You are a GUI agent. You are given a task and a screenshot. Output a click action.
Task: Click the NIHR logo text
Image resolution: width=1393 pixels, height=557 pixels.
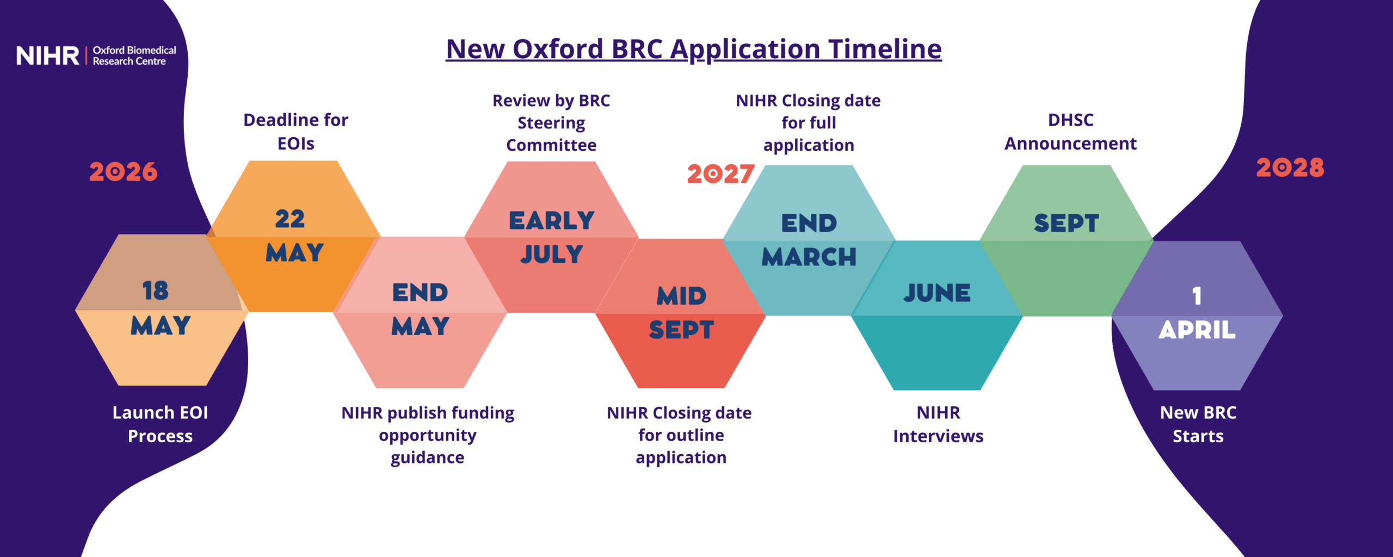click(48, 55)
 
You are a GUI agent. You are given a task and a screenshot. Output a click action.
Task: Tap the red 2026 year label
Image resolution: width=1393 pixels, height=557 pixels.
click(123, 172)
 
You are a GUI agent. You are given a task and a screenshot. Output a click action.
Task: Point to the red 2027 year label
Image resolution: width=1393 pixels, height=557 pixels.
click(720, 174)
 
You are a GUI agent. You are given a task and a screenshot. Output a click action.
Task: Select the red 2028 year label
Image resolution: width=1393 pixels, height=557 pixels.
click(1290, 168)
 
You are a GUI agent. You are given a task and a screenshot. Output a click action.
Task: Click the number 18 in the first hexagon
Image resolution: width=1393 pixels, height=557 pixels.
click(156, 290)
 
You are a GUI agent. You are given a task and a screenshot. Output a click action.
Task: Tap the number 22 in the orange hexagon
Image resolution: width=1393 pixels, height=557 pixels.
click(290, 219)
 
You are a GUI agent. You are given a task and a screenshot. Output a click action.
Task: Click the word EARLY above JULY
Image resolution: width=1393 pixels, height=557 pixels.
click(551, 221)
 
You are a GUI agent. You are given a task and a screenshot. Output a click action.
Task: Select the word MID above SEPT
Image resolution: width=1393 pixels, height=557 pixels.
click(681, 296)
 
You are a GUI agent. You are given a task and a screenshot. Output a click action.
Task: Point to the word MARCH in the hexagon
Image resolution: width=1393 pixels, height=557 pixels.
click(809, 257)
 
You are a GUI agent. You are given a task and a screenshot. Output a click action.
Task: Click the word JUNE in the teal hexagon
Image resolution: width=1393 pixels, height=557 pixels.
click(937, 293)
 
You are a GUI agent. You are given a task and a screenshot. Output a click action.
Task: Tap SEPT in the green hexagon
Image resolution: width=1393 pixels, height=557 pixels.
click(1066, 223)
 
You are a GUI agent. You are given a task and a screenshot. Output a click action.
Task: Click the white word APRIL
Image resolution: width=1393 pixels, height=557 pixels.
click(1197, 330)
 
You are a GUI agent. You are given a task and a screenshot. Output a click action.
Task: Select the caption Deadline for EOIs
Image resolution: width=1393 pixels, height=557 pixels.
click(295, 132)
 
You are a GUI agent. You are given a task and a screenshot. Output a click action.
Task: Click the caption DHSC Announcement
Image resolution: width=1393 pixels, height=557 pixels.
click(1070, 132)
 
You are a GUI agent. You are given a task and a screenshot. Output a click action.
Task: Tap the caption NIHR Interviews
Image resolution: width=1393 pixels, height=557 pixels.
click(938, 424)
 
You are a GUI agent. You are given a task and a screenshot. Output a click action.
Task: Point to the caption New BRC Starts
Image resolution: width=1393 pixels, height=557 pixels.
click(1198, 424)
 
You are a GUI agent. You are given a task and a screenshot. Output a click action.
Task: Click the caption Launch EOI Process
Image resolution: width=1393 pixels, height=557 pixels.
click(160, 424)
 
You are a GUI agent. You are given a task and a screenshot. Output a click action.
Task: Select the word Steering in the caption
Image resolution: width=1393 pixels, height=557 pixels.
click(551, 123)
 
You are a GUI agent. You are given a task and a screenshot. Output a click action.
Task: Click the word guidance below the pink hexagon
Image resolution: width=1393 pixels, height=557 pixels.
click(427, 458)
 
